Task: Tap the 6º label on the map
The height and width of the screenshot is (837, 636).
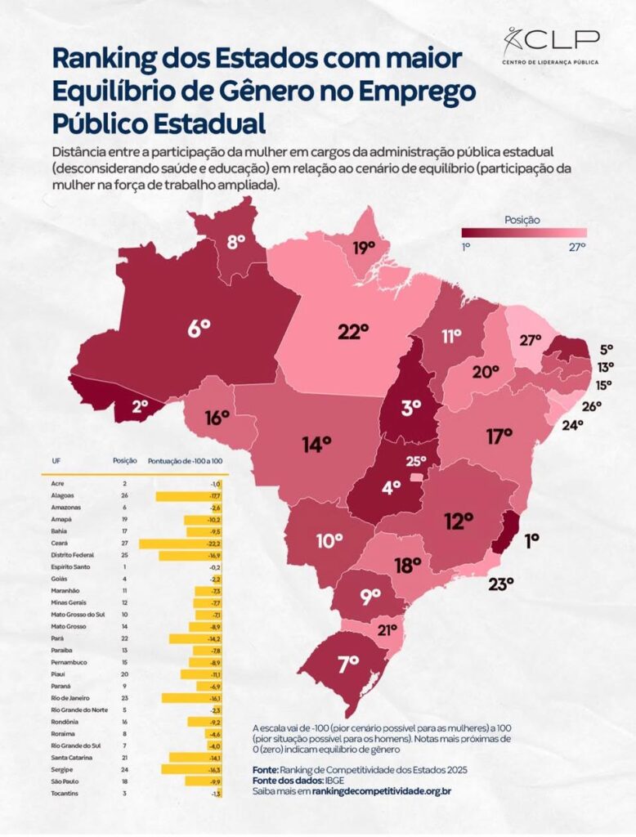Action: tap(199, 329)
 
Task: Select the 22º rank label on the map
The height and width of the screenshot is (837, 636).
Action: tap(353, 332)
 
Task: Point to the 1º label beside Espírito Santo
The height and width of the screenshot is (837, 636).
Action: tap(532, 540)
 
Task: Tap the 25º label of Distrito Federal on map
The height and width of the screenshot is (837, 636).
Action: tap(417, 461)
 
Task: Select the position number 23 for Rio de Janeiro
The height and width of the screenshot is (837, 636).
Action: tap(124, 698)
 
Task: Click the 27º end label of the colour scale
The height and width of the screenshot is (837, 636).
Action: tap(578, 247)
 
